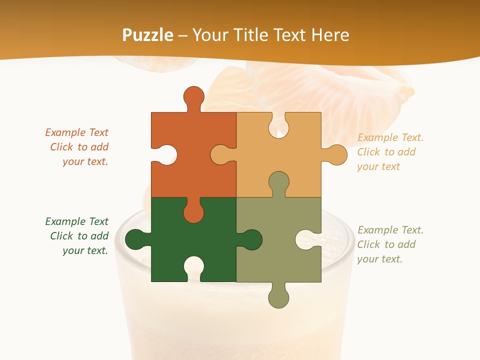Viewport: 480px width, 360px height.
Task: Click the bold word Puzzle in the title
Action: click(x=148, y=35)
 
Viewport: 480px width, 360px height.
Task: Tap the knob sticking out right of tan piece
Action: click(x=336, y=155)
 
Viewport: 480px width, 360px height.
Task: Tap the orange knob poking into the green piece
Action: click(x=193, y=213)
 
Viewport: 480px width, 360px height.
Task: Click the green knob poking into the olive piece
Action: click(x=252, y=239)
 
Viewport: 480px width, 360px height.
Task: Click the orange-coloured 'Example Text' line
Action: click(x=76, y=132)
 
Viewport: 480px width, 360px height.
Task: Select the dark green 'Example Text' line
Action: click(x=76, y=221)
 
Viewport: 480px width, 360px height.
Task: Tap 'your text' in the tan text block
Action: click(x=378, y=166)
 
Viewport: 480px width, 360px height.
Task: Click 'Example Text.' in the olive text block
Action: click(x=390, y=230)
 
